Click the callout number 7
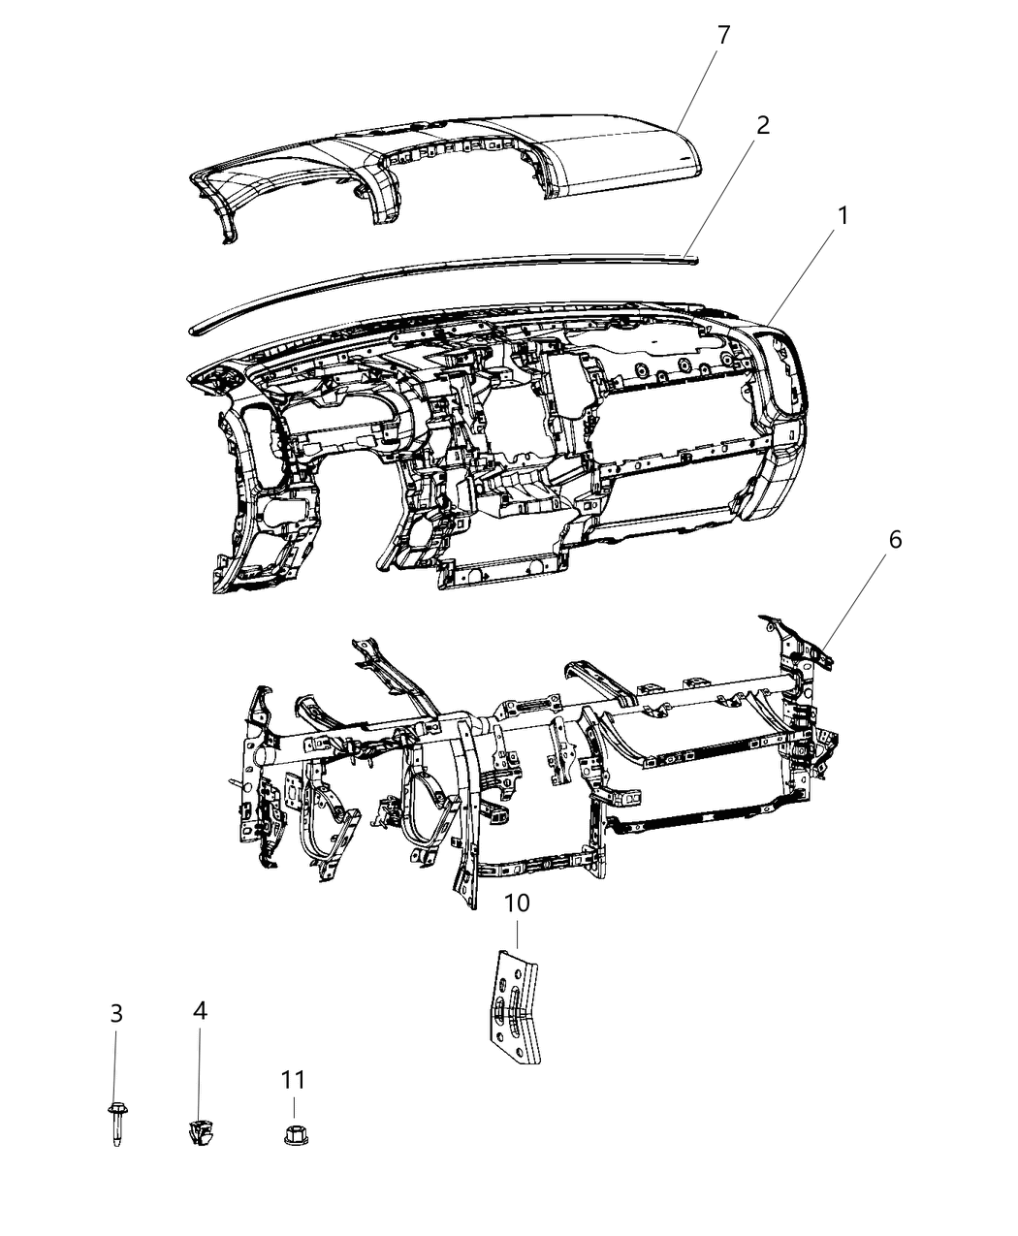click(723, 36)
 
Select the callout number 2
click(763, 125)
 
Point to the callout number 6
click(894, 539)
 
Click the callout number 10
click(517, 903)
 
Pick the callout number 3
click(116, 1014)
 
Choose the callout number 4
click(200, 1011)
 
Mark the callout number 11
click(293, 1080)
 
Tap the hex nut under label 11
click(293, 1132)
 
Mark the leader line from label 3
click(116, 1066)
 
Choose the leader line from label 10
click(517, 933)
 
